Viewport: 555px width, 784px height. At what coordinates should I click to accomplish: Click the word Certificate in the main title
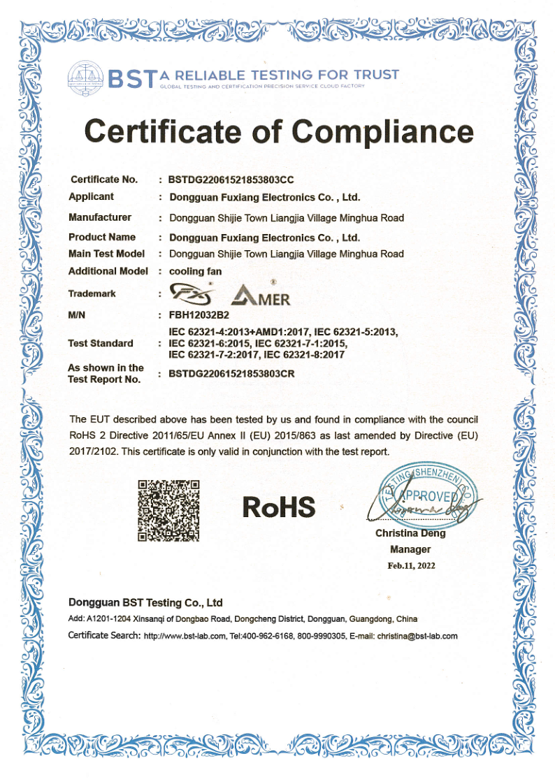(180, 131)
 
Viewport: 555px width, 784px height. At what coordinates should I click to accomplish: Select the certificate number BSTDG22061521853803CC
(231, 180)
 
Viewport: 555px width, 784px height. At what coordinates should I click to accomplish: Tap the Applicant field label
(91, 196)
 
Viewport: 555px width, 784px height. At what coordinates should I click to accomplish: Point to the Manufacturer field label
(100, 217)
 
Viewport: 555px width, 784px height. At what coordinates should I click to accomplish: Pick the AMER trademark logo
(261, 296)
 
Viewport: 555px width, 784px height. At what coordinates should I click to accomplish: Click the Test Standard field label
(101, 343)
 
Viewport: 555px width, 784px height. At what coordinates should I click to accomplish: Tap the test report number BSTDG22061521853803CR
(231, 374)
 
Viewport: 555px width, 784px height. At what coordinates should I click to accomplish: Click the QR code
(168, 510)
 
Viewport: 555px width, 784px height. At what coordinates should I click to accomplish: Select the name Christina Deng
(410, 533)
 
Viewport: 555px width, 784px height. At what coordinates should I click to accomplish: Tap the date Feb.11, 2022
(411, 565)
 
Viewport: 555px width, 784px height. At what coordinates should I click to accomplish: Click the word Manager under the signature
(410, 549)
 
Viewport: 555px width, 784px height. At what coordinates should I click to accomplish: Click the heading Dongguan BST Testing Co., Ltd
(145, 602)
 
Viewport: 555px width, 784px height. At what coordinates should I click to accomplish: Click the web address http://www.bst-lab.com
(185, 637)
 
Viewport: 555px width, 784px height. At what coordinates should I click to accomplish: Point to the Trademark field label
(92, 293)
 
